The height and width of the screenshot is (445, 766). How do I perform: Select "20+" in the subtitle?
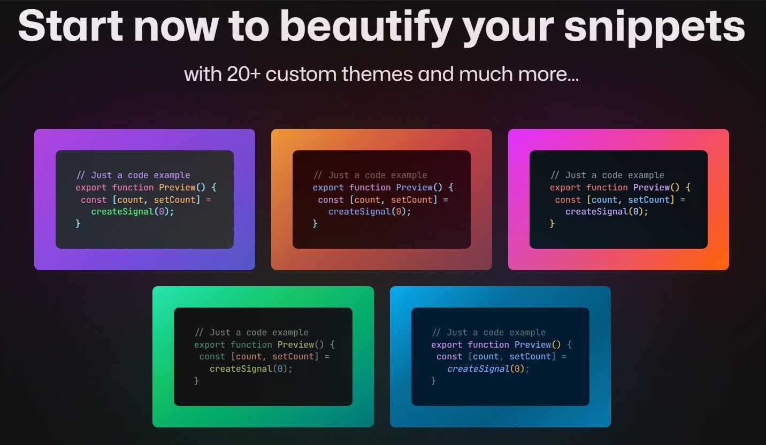(x=243, y=74)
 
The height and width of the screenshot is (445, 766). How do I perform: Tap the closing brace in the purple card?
(x=78, y=224)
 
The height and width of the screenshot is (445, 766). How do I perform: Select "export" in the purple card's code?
(x=91, y=187)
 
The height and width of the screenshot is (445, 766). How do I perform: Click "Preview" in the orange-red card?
(x=414, y=187)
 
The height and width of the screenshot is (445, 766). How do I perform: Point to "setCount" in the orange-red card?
(x=411, y=200)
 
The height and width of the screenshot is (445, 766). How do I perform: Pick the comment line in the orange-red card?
(x=370, y=175)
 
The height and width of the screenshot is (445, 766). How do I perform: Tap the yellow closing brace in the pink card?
(x=552, y=224)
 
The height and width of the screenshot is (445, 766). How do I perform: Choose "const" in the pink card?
(x=568, y=200)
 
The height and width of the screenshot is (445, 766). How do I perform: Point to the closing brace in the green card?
(x=196, y=381)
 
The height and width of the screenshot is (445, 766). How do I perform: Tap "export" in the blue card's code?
(x=447, y=344)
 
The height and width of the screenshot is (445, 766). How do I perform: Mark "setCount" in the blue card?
(x=530, y=357)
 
